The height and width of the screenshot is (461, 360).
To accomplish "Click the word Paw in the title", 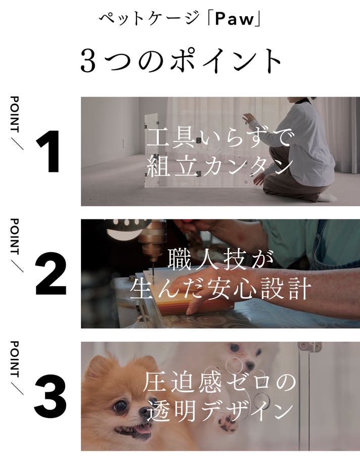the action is (235, 19).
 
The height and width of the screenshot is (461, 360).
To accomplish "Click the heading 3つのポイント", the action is (181, 61).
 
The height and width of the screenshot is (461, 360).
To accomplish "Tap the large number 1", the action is (49, 152).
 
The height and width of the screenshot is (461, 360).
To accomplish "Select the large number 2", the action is (51, 274).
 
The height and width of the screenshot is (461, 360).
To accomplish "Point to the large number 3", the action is (50, 396).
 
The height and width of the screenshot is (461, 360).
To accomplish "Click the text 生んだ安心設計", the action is (220, 289).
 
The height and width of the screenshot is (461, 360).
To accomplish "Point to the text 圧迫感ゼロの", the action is (220, 382).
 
